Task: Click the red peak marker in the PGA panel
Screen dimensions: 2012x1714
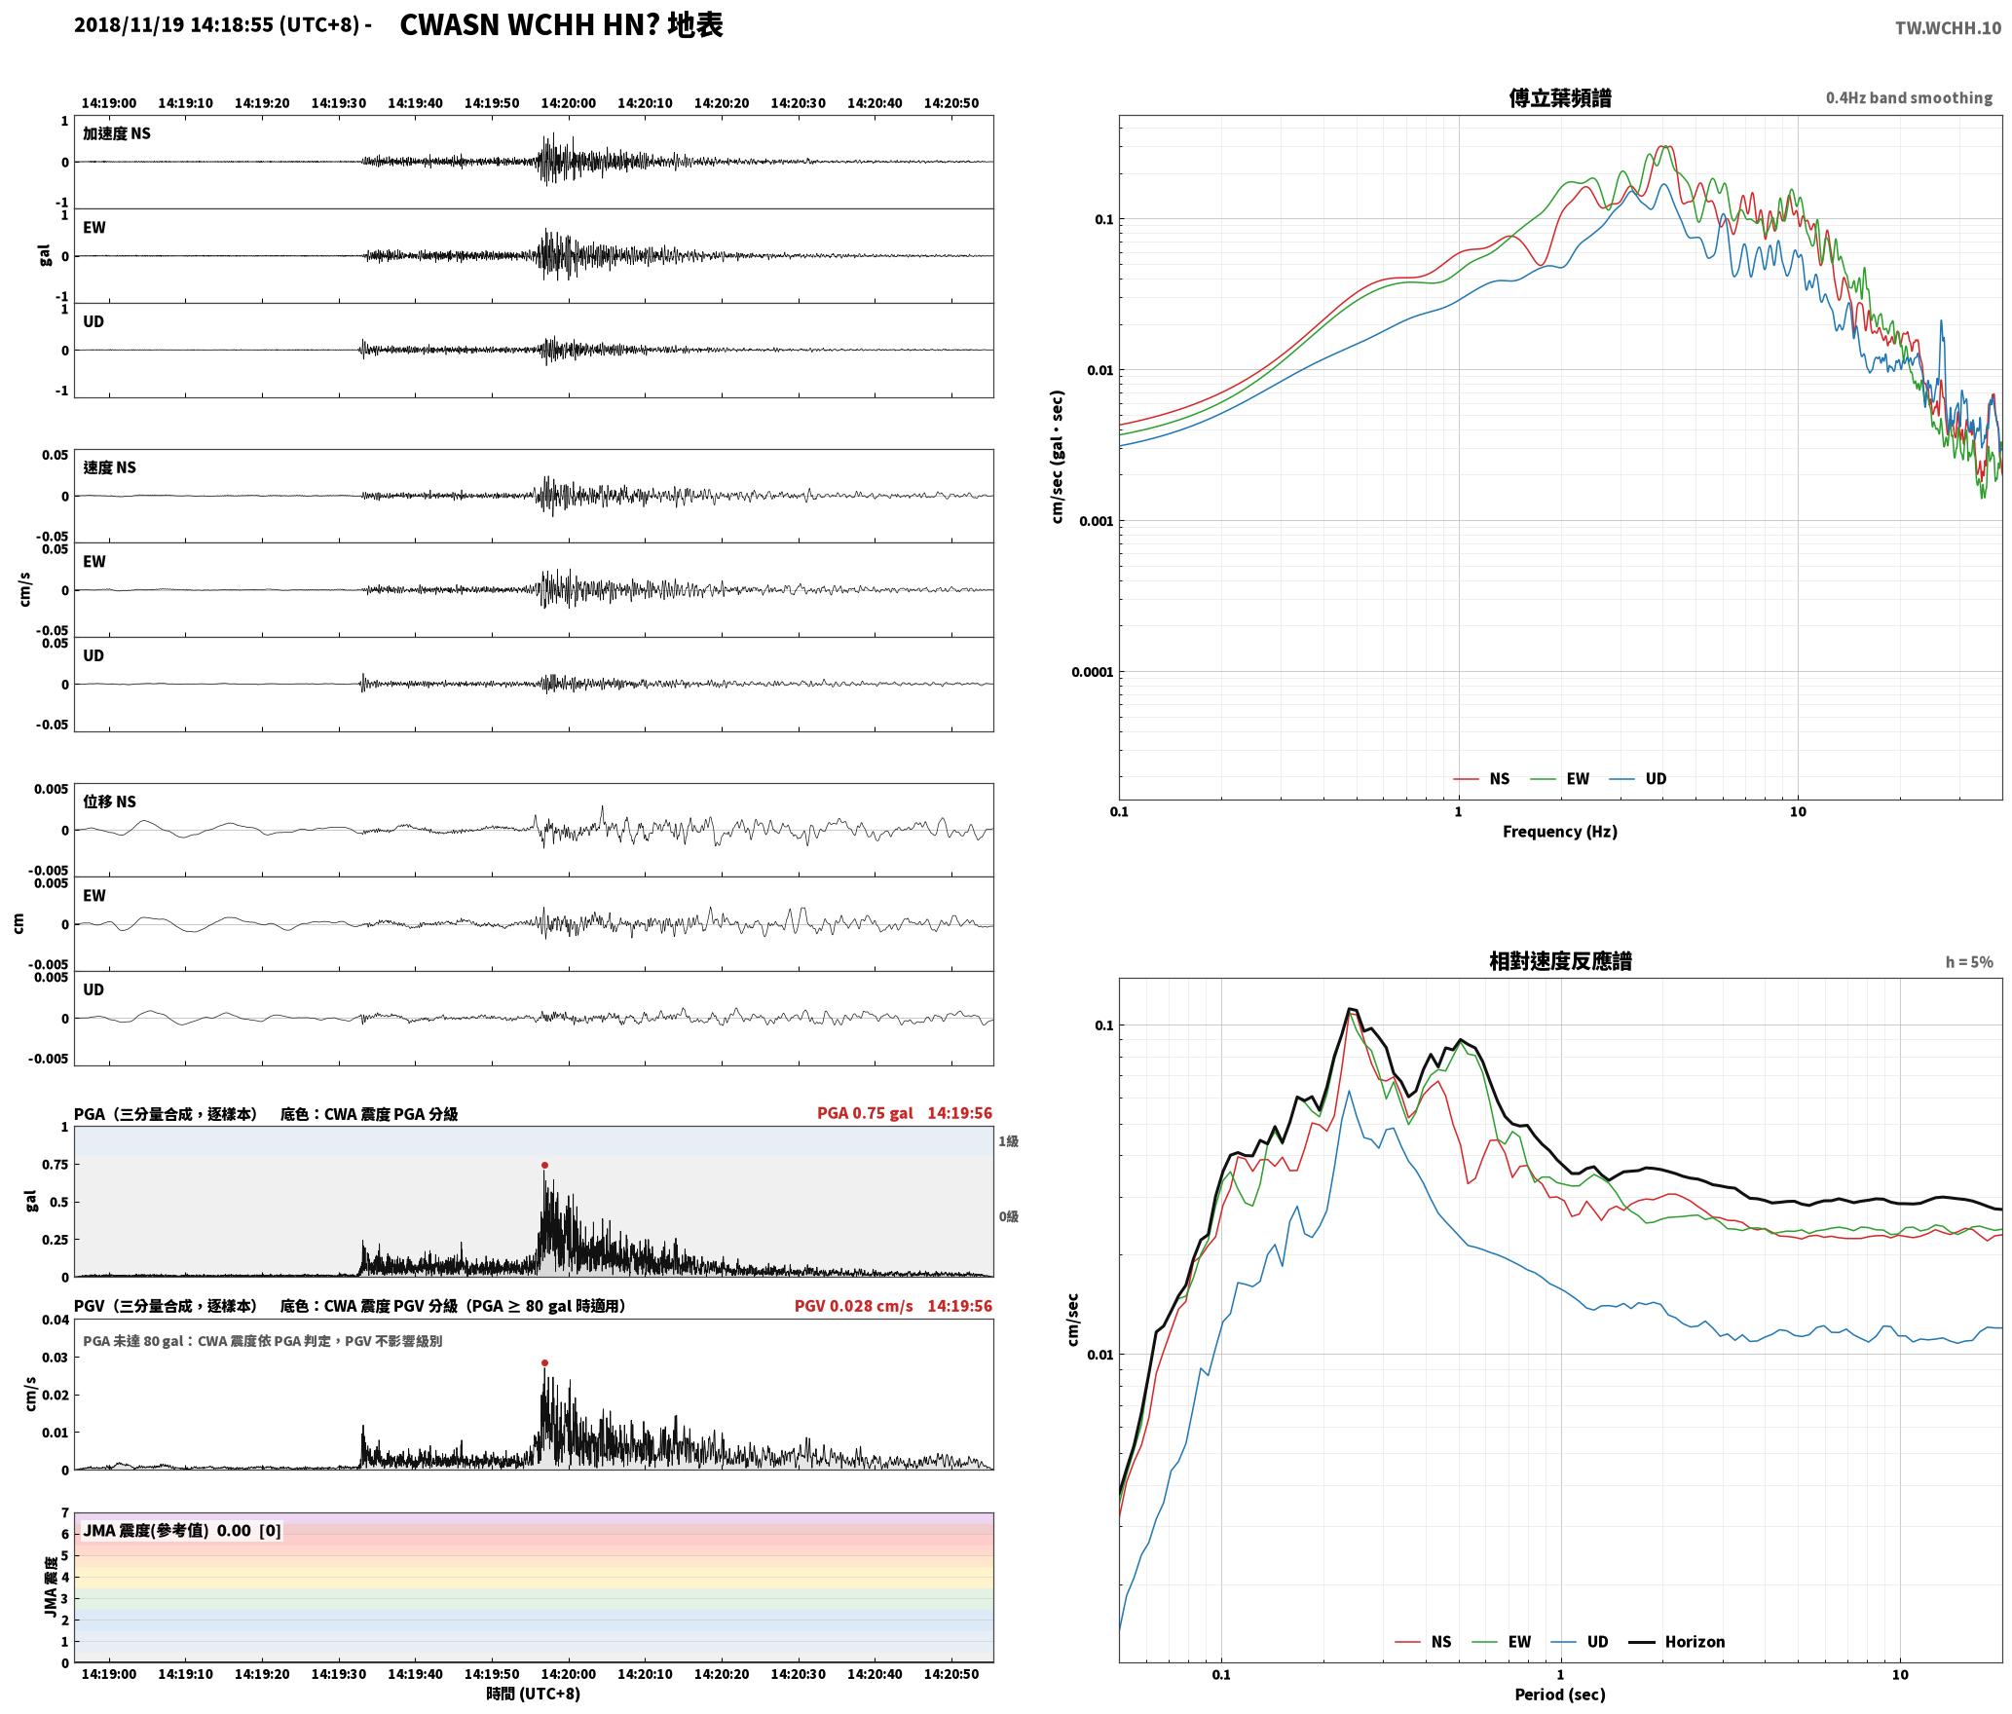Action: (x=544, y=1165)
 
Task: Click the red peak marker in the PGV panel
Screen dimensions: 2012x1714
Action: (x=544, y=1362)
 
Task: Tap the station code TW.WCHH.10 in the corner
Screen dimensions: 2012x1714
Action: (x=1948, y=27)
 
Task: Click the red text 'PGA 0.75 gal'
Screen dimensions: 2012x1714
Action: (x=865, y=1113)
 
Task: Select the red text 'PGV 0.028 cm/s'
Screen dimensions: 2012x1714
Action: (x=854, y=1306)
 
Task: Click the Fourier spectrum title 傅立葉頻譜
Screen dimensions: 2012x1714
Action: (x=1560, y=98)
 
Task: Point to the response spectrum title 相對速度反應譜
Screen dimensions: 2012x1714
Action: (x=1560, y=961)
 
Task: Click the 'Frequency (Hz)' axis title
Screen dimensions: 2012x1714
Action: (x=1560, y=832)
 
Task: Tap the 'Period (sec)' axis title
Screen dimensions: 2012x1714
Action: (x=1560, y=1695)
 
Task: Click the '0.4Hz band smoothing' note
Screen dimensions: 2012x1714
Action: (x=1909, y=98)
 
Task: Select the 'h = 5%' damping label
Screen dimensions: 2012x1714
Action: (x=1969, y=962)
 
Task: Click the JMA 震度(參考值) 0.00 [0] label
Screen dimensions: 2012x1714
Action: (x=182, y=1531)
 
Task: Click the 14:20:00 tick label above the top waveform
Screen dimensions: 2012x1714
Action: (x=569, y=103)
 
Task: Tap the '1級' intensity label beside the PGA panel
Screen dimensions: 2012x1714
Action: (x=1008, y=1141)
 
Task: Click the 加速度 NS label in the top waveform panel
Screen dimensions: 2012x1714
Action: (x=117, y=133)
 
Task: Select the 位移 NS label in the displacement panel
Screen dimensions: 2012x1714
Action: (x=110, y=801)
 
